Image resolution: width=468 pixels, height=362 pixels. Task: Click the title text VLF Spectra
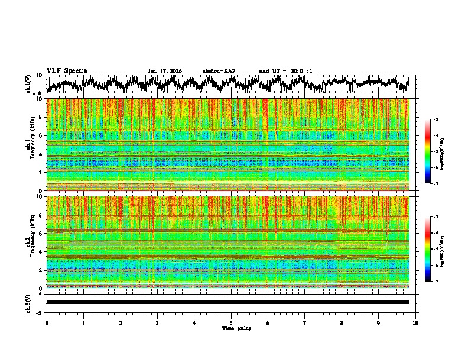(67, 70)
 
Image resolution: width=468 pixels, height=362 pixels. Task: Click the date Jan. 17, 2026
(165, 71)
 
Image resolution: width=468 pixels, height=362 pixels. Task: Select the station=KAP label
(219, 71)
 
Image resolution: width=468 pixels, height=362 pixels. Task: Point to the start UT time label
(285, 71)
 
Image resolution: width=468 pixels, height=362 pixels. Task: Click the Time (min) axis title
(232, 328)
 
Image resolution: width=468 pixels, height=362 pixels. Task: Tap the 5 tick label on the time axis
(231, 322)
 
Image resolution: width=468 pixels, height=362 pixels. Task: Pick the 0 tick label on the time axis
(47, 322)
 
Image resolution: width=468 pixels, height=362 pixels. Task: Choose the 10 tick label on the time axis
(415, 322)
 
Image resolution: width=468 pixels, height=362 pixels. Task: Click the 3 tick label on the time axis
(157, 322)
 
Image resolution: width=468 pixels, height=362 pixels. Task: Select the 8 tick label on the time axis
(342, 322)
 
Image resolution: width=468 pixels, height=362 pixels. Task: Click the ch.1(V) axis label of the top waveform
(28, 84)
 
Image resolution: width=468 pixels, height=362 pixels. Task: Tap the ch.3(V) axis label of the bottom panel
(28, 302)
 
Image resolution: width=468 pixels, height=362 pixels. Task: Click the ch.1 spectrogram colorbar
(433, 151)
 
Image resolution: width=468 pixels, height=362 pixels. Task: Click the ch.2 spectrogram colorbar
(433, 249)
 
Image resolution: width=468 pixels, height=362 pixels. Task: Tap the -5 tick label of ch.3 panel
(41, 311)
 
